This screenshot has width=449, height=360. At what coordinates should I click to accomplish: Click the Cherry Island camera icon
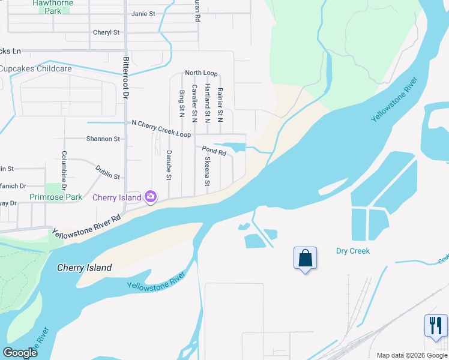click(x=151, y=196)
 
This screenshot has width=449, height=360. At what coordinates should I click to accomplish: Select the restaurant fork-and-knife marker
click(x=435, y=326)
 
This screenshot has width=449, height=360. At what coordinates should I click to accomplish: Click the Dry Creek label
click(x=352, y=251)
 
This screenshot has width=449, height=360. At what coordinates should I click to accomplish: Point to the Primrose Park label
click(x=56, y=197)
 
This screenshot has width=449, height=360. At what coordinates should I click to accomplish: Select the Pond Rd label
click(x=214, y=151)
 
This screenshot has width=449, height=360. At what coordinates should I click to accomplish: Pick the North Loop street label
click(x=201, y=73)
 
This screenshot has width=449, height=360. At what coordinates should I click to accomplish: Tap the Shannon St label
click(x=103, y=139)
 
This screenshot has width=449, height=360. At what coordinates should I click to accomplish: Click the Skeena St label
click(x=207, y=172)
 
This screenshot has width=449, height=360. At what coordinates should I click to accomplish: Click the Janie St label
click(x=143, y=13)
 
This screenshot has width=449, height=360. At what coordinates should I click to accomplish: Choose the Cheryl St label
click(x=106, y=32)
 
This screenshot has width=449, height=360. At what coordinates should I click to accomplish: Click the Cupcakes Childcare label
click(x=36, y=69)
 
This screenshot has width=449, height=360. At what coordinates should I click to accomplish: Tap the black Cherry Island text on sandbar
click(x=84, y=268)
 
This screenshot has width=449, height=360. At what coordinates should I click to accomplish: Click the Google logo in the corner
click(x=20, y=352)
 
